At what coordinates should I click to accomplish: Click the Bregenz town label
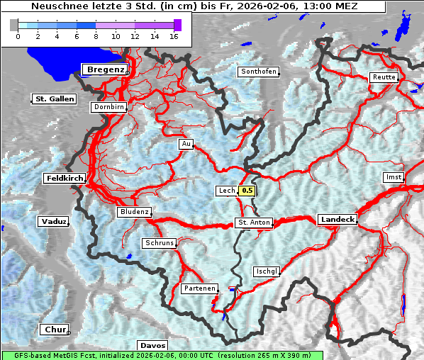[x=106, y=69]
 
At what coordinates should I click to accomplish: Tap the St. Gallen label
[x=55, y=99]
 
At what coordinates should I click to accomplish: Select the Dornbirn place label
[x=109, y=108]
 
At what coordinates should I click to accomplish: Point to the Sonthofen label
[x=258, y=72]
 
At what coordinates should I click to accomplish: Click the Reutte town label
[x=383, y=78]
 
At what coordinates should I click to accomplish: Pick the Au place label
[x=186, y=145]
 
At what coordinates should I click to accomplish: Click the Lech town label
[x=226, y=191]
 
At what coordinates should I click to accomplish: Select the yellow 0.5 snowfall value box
[x=247, y=191]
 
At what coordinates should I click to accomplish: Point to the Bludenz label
[x=134, y=212]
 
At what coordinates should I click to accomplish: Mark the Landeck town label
[x=337, y=220]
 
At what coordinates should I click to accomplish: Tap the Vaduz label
[x=54, y=222]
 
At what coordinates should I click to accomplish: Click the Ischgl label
[x=267, y=271]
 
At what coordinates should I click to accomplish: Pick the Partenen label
[x=199, y=289]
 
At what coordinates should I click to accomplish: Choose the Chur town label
[x=55, y=330]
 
